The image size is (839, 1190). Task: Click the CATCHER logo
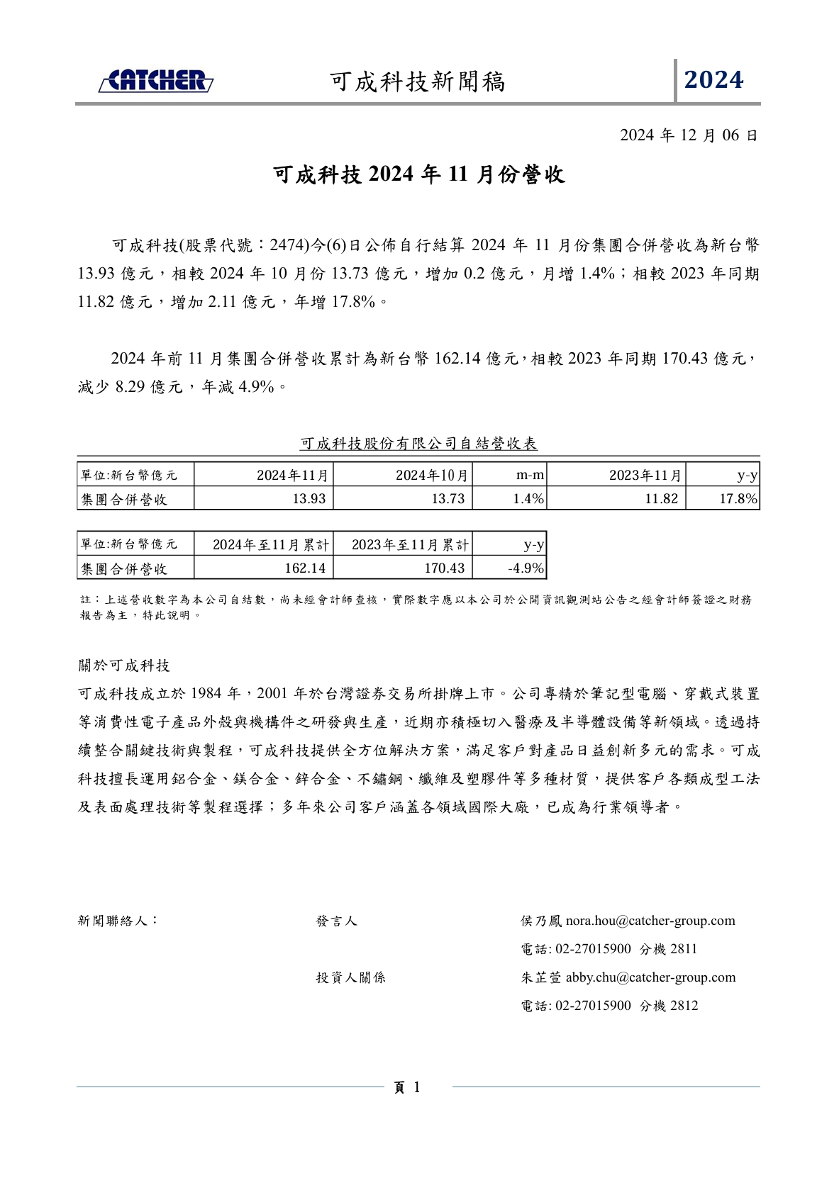coord(156,81)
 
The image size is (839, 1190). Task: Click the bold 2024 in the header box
coord(713,80)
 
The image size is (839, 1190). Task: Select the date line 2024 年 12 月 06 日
coord(689,135)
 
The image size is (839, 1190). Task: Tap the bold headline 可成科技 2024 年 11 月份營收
coord(419,174)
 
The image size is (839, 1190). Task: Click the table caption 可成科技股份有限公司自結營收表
coord(418,444)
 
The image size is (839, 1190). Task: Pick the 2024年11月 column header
coord(292,475)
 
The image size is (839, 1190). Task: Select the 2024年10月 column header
coord(431,475)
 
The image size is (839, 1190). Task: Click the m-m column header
coord(530,475)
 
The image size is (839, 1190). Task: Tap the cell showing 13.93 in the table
coord(309,499)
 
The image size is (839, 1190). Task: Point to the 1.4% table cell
coord(528,499)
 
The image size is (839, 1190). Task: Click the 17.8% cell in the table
coord(738,499)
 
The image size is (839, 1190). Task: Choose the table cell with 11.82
coord(661,499)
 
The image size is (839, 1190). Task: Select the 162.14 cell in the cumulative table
coord(305,568)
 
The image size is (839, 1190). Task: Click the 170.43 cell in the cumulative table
coord(444,568)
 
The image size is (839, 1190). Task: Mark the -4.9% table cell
coord(526,568)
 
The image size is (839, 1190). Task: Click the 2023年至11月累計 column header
coord(410,545)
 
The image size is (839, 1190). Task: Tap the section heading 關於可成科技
coord(124,666)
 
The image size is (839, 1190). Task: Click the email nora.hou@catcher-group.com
coord(650,921)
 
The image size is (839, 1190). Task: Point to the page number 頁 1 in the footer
coord(408,1087)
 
